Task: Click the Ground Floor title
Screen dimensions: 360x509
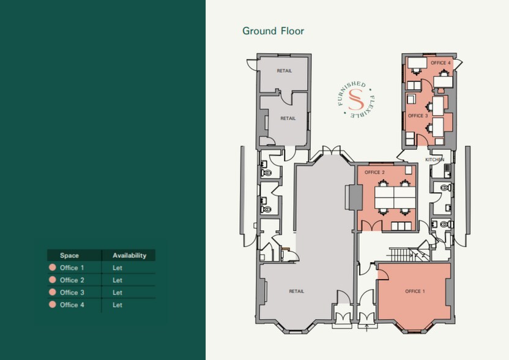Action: click(273, 31)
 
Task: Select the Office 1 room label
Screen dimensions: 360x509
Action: click(414, 291)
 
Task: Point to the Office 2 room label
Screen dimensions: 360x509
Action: click(374, 173)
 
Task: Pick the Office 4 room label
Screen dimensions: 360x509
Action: click(440, 63)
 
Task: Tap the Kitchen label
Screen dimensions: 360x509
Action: click(434, 160)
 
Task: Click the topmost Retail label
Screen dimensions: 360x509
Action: click(284, 71)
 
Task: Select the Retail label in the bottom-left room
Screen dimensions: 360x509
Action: click(296, 291)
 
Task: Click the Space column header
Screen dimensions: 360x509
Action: click(69, 255)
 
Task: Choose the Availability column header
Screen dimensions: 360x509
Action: click(129, 255)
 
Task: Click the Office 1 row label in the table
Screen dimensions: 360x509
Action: click(72, 268)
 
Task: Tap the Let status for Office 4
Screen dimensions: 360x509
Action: click(117, 305)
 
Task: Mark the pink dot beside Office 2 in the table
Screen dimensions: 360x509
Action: click(52, 280)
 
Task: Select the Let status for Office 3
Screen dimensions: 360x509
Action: click(117, 293)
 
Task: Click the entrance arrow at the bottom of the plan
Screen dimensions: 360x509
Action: click(366, 327)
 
